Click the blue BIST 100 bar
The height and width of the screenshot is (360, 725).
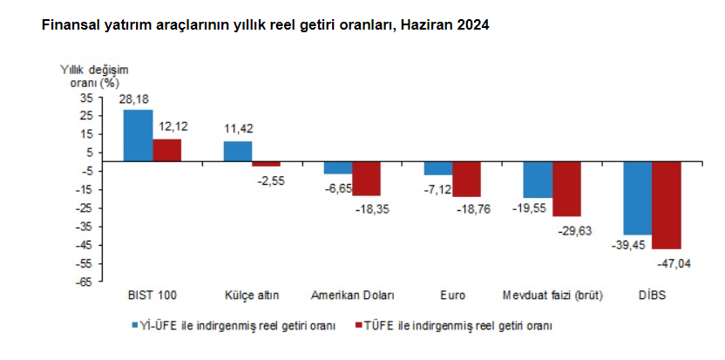138,136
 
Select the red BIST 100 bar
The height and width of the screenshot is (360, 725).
166,151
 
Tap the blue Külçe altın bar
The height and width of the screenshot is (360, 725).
238,152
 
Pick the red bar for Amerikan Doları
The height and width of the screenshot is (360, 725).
367,179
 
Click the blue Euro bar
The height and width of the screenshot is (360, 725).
438,169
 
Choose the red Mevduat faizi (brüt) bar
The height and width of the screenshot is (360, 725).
566,189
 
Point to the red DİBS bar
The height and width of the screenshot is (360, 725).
667,206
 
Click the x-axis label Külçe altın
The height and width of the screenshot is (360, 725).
252,295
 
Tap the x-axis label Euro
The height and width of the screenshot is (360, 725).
452,295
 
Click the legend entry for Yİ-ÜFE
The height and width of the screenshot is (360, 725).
234,325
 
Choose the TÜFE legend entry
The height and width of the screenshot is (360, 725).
458,325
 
